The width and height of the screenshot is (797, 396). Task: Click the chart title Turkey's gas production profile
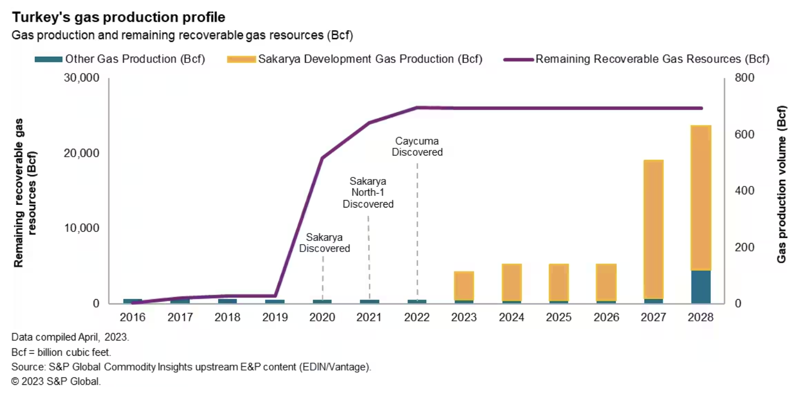[x=119, y=17]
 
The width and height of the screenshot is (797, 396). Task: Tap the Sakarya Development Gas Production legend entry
[x=355, y=59]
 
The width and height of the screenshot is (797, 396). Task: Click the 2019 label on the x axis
[x=275, y=318]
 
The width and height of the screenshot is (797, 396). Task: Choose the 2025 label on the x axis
[x=558, y=318]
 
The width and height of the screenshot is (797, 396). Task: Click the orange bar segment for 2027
[x=654, y=229]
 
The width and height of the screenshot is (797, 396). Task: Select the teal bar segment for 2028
[x=701, y=287]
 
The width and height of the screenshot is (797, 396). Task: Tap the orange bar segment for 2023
[x=464, y=286]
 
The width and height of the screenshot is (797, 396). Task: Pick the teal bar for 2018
[x=228, y=301]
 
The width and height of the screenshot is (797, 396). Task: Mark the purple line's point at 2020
[x=322, y=158]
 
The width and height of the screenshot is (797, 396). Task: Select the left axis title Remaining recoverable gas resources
[x=25, y=196]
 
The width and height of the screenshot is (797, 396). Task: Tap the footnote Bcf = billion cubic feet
[x=61, y=352]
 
